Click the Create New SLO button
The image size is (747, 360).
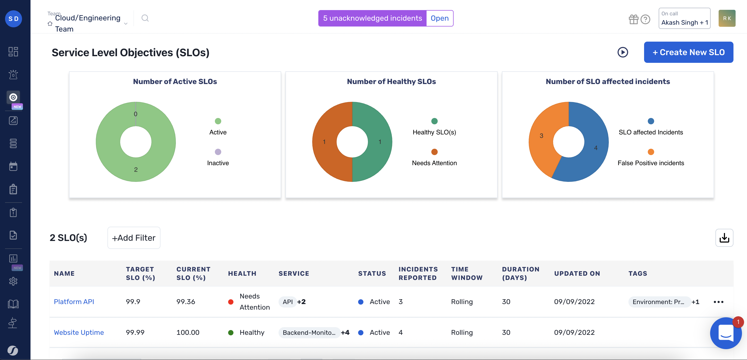688,52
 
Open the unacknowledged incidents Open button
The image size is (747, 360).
439,18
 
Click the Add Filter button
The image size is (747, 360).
134,238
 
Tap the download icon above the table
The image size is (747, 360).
724,238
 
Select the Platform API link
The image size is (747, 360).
74,301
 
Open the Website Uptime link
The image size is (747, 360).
79,332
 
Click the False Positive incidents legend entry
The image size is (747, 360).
650,163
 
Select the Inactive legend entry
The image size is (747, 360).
218,163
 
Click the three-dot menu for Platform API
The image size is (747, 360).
718,302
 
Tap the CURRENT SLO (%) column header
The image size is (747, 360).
193,273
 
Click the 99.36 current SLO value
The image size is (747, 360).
186,301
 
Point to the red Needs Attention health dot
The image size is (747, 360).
231,302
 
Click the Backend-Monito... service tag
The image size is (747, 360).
309,332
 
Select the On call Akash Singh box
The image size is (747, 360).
684,18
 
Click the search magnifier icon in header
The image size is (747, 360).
145,18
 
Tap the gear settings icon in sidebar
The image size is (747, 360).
13,281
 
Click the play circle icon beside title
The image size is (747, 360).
623,52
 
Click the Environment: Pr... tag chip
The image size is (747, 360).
658,302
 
